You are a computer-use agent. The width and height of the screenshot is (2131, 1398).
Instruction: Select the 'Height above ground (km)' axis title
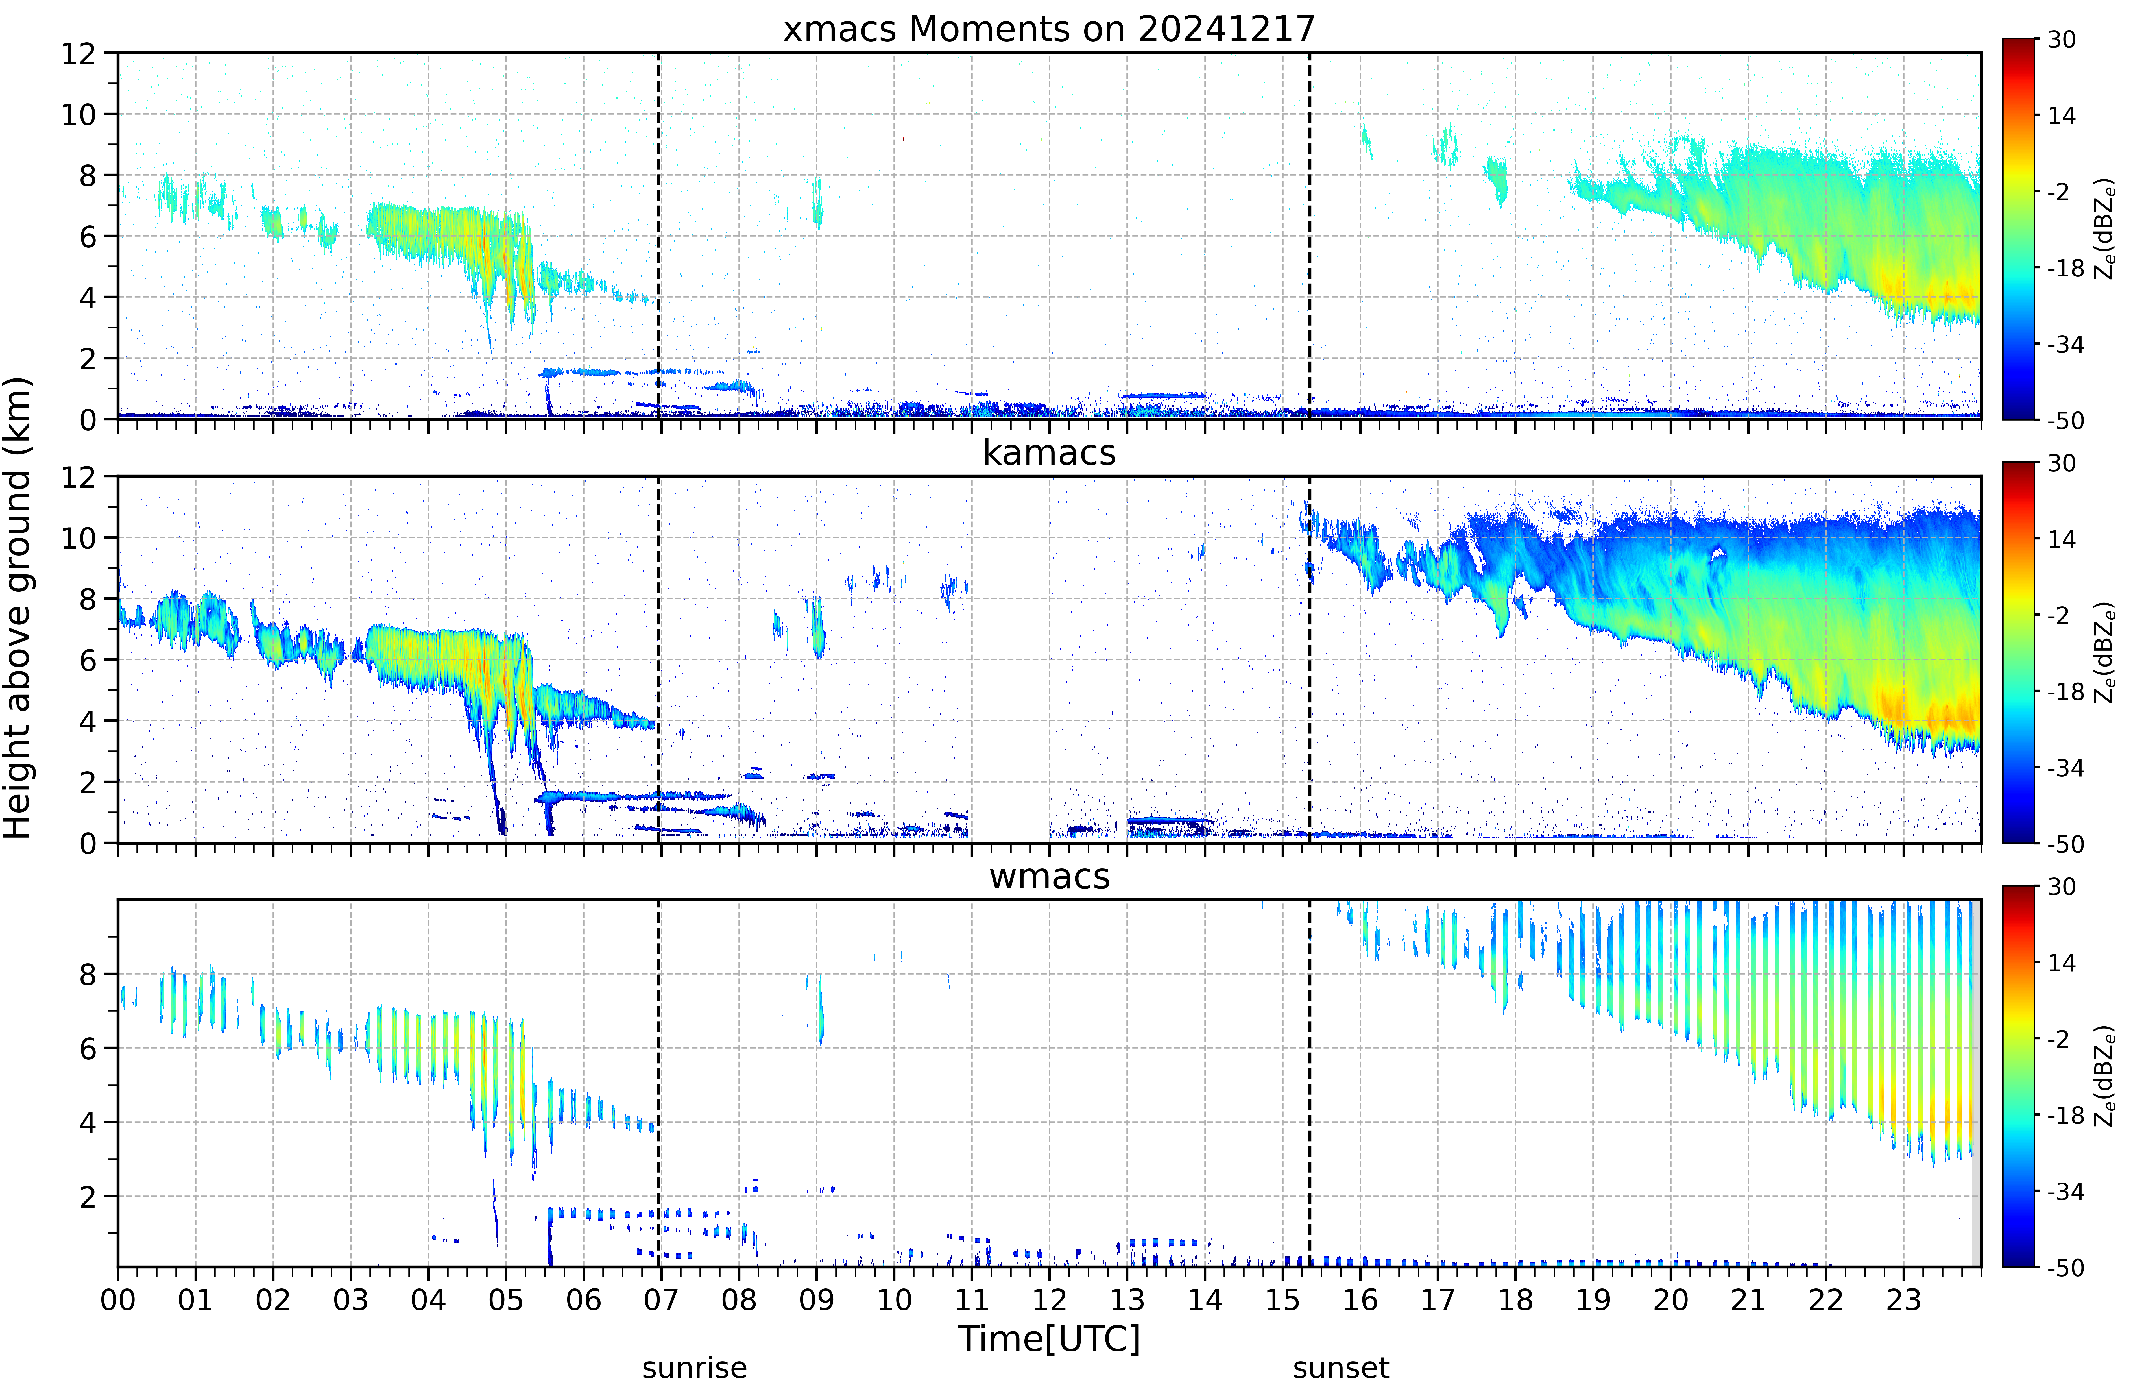[x=18, y=608]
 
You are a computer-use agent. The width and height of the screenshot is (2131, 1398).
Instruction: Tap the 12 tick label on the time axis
[x=1049, y=1299]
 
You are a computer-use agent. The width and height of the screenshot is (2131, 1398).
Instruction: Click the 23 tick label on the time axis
[x=1904, y=1299]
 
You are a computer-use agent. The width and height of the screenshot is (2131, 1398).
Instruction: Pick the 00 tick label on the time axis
[x=118, y=1299]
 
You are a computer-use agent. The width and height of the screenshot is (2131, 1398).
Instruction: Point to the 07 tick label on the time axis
[x=661, y=1299]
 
